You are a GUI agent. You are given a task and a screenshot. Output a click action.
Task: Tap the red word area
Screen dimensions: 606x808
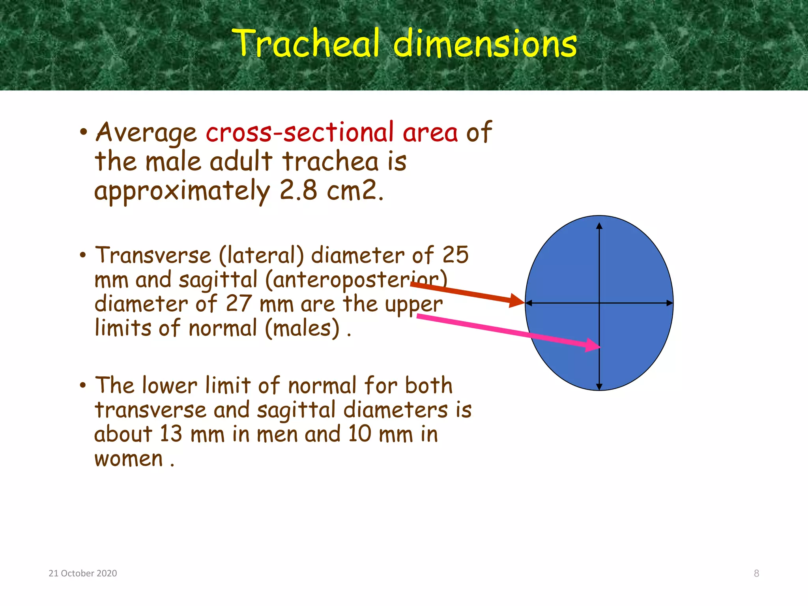(x=430, y=133)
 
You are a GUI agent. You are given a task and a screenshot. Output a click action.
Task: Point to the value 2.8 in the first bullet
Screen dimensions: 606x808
(x=298, y=191)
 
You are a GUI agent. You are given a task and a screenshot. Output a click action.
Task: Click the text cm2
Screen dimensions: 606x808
(x=354, y=191)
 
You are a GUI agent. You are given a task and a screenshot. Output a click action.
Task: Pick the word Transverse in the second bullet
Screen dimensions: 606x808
(x=153, y=255)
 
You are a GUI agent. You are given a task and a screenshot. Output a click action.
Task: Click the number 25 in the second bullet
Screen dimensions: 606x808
(x=455, y=255)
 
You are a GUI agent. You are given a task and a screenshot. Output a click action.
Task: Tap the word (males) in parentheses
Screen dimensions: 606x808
(x=302, y=328)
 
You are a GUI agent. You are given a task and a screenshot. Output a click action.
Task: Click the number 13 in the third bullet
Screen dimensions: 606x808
(x=171, y=434)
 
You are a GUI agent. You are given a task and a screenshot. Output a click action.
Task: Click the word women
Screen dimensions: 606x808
(x=129, y=459)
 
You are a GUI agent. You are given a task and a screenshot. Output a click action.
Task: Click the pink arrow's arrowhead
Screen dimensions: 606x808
(x=593, y=345)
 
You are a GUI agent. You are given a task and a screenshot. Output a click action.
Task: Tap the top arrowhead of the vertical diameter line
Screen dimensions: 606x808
(x=599, y=226)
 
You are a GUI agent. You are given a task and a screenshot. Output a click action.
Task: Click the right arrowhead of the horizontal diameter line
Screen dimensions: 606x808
(x=670, y=303)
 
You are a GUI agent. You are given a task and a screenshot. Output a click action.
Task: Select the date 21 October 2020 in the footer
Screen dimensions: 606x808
(x=83, y=573)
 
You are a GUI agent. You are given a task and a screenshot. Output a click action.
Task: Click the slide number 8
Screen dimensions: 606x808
(x=756, y=573)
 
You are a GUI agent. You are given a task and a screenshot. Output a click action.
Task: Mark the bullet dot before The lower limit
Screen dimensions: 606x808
(x=82, y=385)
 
